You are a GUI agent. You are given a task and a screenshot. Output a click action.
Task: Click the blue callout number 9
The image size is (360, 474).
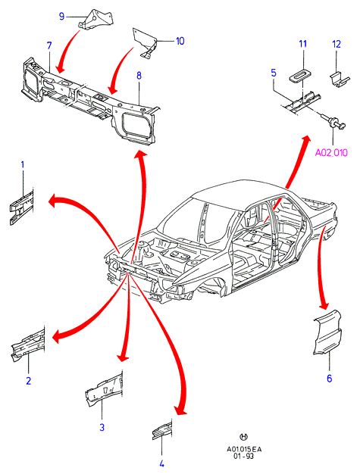tap(61, 16)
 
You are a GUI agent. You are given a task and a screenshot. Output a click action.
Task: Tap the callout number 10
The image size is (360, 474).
tap(180, 41)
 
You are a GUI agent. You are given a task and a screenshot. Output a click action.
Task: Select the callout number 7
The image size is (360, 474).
tap(49, 45)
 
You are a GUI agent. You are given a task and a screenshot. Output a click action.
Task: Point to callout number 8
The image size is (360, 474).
tap(139, 75)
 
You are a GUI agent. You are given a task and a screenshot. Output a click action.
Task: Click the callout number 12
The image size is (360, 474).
tap(337, 44)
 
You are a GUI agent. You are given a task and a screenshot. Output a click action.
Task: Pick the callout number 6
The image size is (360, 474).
tap(330, 378)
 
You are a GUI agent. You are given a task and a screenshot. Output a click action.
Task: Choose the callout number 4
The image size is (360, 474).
tap(161, 463)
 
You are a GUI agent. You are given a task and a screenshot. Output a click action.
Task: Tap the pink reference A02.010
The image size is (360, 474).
tap(331, 153)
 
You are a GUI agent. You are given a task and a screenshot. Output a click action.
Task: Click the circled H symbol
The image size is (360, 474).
tap(243, 437)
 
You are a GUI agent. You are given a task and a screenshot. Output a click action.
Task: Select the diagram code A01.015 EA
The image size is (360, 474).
tap(244, 449)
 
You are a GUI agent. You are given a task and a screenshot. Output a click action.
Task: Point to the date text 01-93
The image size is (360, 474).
tap(243, 456)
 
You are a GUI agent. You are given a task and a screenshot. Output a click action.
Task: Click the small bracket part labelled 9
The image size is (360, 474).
tap(95, 20)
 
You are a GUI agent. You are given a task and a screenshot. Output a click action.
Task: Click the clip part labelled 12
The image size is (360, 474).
tap(339, 80)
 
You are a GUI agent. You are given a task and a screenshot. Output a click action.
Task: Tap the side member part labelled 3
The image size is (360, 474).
tap(104, 389)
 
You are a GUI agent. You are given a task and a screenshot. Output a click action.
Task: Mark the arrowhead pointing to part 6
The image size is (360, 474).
tap(324, 306)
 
